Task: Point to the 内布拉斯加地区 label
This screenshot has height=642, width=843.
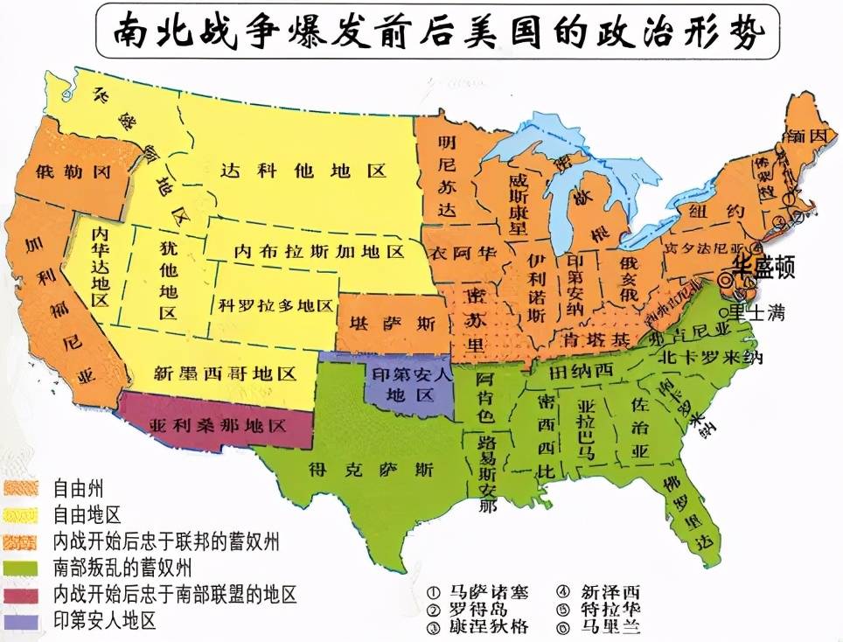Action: coord(318,252)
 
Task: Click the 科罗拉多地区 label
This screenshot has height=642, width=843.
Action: coord(276,305)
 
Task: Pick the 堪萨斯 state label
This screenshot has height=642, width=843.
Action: coord(393,324)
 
